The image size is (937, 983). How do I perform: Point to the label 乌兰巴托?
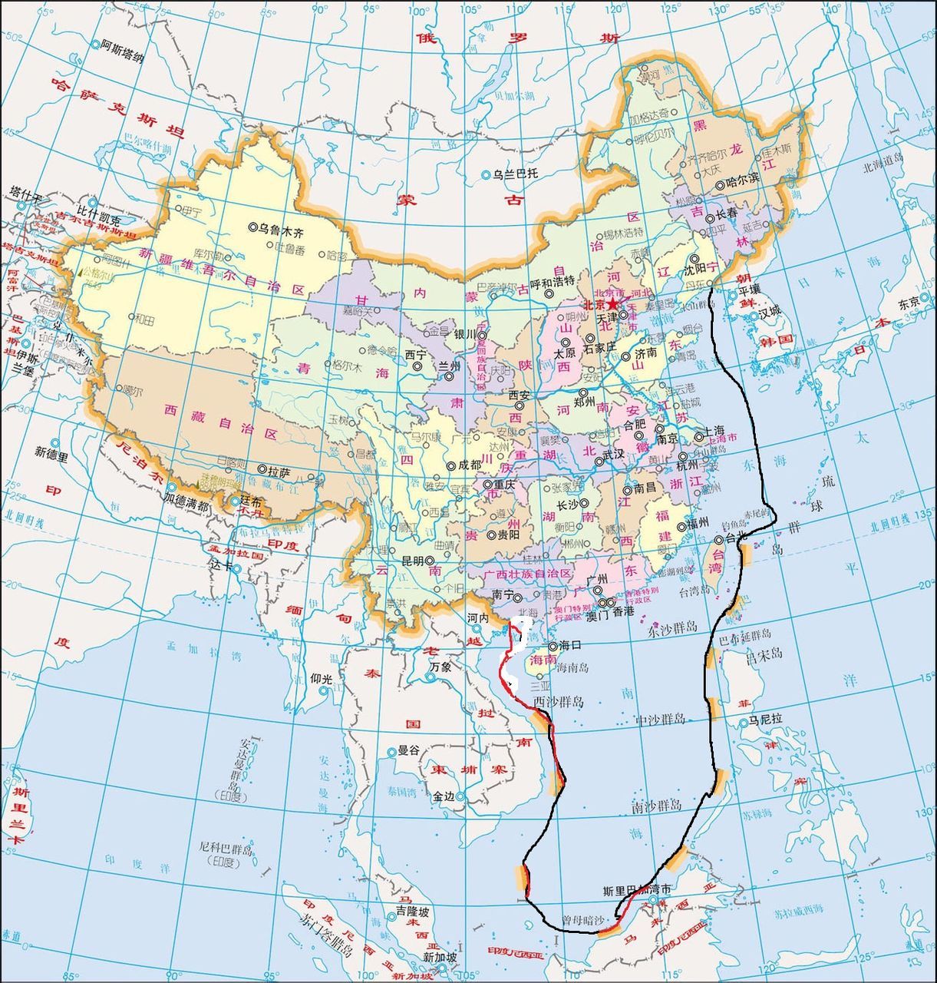click(x=515, y=174)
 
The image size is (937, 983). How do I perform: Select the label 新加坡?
click(x=440, y=958)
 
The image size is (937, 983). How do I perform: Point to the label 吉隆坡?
click(x=412, y=912)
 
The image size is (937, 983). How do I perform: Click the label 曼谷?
click(x=409, y=750)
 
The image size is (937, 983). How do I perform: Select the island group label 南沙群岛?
click(x=656, y=807)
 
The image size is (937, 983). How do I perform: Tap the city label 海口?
click(x=571, y=646)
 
